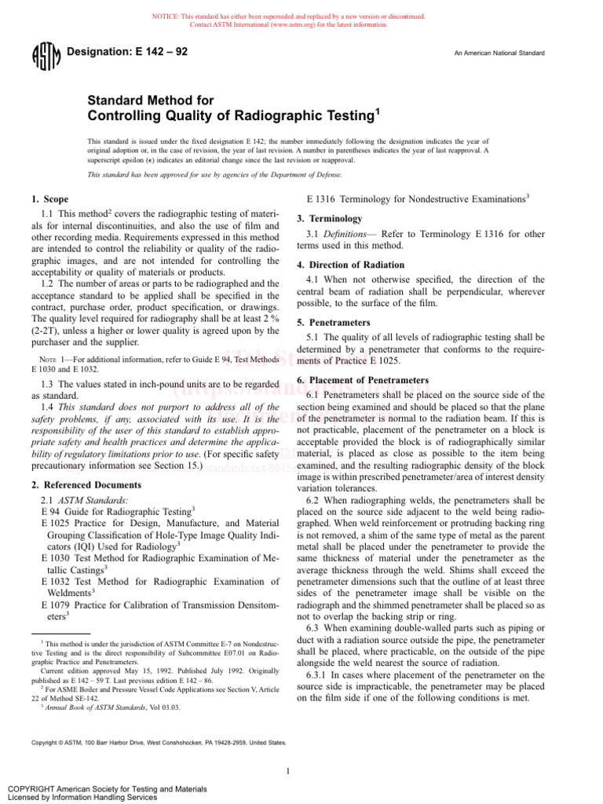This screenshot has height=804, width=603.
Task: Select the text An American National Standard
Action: [x=499, y=53]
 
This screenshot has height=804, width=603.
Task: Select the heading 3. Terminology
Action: [x=330, y=218]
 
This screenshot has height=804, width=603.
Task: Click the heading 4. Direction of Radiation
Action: [x=351, y=265]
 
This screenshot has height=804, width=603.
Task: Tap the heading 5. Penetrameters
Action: [x=333, y=323]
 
